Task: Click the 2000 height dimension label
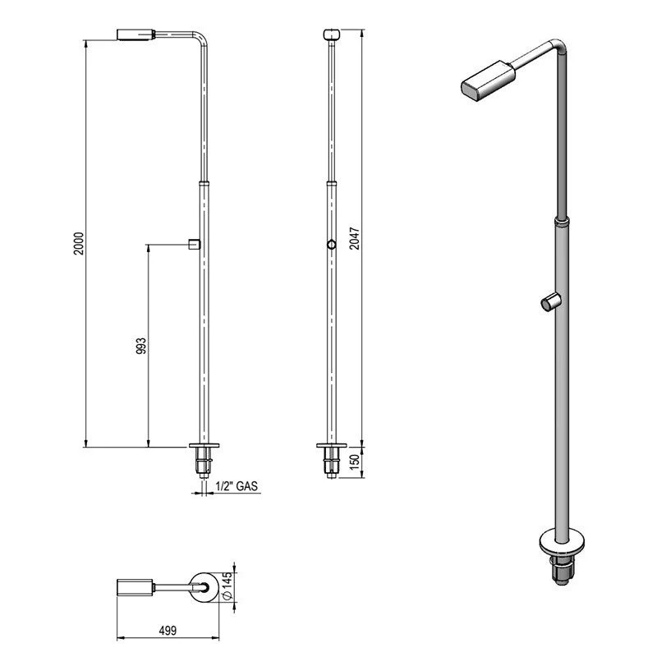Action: [x=79, y=243]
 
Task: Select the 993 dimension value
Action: [x=141, y=346]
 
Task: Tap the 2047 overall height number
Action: [x=355, y=238]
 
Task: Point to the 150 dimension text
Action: [x=355, y=462]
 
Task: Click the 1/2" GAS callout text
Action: [x=237, y=486]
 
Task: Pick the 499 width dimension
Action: [x=168, y=630]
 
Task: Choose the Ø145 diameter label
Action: [x=227, y=586]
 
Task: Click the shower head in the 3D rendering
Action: [x=488, y=80]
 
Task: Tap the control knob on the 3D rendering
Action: [x=549, y=302]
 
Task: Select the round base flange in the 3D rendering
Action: [x=562, y=544]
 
